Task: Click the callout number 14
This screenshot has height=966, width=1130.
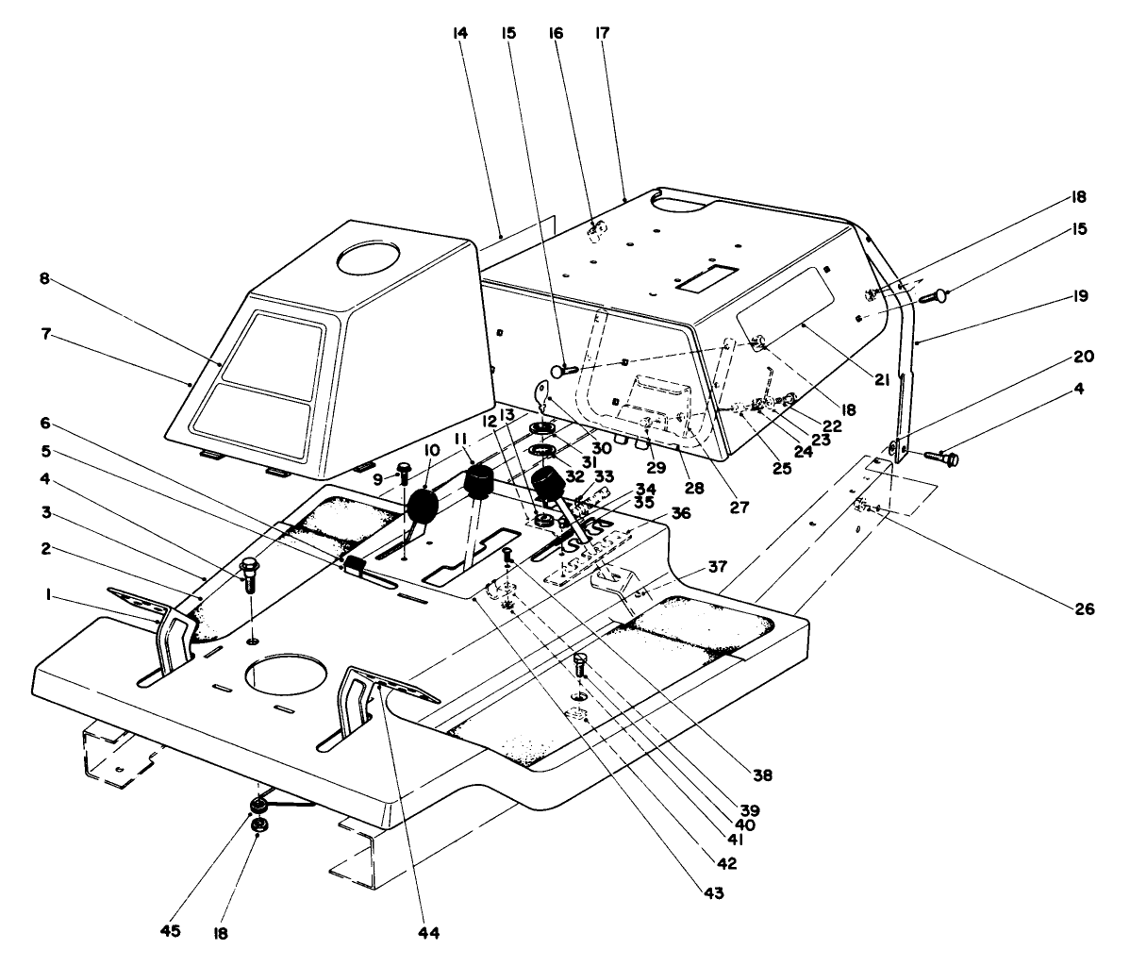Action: pyautogui.click(x=459, y=34)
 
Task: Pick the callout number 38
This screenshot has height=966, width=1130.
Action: pyautogui.click(x=763, y=776)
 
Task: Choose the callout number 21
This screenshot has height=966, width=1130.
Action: pyautogui.click(x=881, y=380)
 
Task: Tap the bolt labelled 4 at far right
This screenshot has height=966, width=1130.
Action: pyautogui.click(x=943, y=459)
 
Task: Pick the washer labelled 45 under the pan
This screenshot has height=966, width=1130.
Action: pyautogui.click(x=256, y=807)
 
